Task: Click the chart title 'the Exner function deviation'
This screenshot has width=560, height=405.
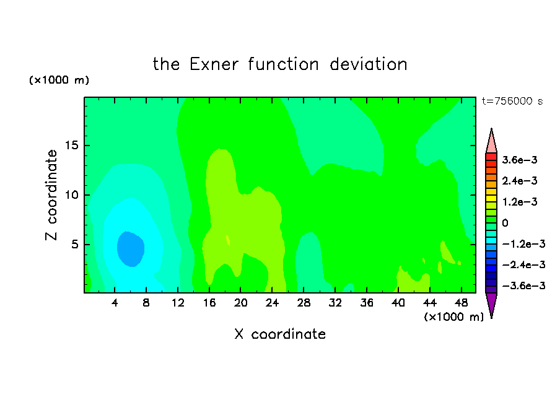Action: coord(280,64)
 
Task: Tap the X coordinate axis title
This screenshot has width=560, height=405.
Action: coord(280,334)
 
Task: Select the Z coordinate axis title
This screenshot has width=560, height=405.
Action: coord(51,195)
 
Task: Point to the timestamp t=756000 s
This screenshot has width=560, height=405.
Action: coord(512,101)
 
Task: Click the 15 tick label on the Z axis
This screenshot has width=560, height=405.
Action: coord(71,146)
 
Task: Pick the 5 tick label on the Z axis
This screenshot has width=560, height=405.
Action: coord(74,244)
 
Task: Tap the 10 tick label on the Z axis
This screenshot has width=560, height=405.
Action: coord(71,195)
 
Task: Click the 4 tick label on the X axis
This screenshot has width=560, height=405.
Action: coord(114,303)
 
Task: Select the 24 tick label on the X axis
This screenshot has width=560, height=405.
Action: coord(272,303)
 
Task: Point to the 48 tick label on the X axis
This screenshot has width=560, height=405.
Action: coord(461,303)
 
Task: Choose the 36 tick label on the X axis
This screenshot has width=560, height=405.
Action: coord(367,303)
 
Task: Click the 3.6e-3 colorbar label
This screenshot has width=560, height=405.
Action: coord(520,160)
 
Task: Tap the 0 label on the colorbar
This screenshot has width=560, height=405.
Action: coord(505,223)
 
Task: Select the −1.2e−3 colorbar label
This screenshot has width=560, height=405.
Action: coord(523,244)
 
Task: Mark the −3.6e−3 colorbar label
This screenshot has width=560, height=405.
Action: coord(523,285)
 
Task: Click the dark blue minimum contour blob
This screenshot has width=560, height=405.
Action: coord(130,249)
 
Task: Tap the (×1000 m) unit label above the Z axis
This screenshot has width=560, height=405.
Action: coord(59,80)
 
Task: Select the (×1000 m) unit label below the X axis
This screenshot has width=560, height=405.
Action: coord(453,316)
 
